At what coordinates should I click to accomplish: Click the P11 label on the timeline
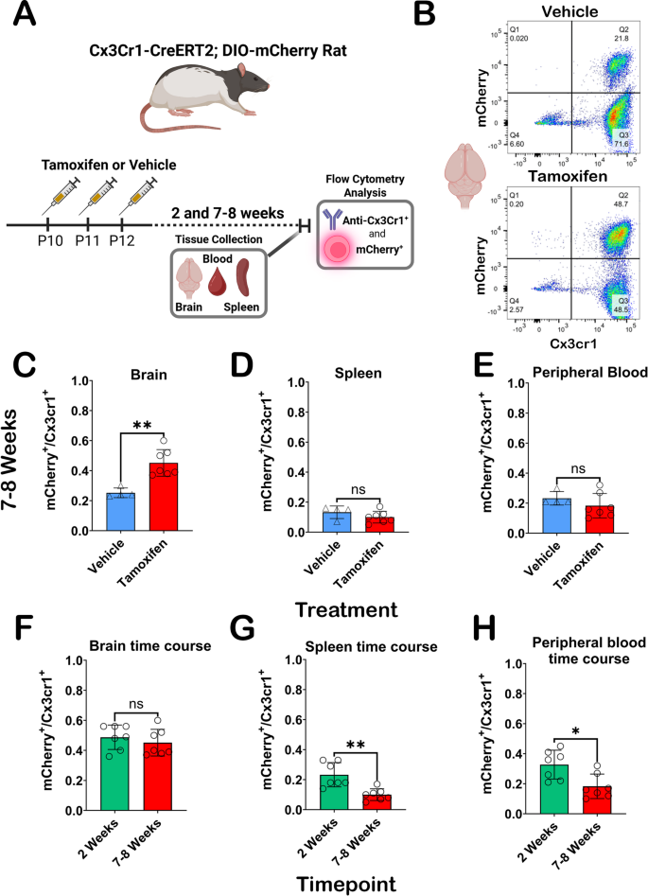[x=87, y=240]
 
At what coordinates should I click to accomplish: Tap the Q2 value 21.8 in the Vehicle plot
[x=622, y=39]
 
